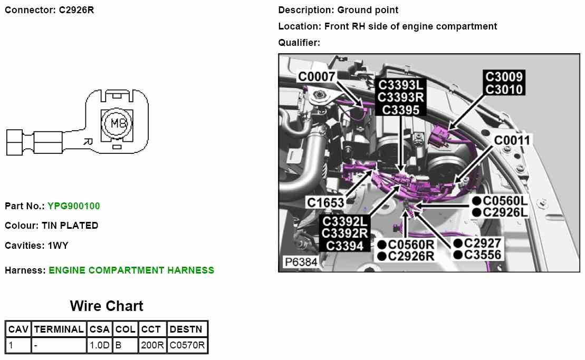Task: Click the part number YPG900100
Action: click(x=73, y=206)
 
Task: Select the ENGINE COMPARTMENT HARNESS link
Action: click(x=131, y=270)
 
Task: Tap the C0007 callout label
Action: click(x=317, y=77)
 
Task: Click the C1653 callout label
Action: click(x=325, y=202)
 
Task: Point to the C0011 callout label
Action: click(x=512, y=140)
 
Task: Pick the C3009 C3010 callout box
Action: click(x=504, y=83)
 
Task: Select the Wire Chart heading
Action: click(x=107, y=306)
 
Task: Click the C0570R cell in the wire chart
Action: click(x=187, y=346)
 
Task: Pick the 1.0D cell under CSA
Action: click(x=99, y=346)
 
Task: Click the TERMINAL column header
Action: click(x=59, y=329)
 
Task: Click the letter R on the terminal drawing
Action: click(x=88, y=141)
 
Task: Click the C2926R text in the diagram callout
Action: click(x=411, y=256)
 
